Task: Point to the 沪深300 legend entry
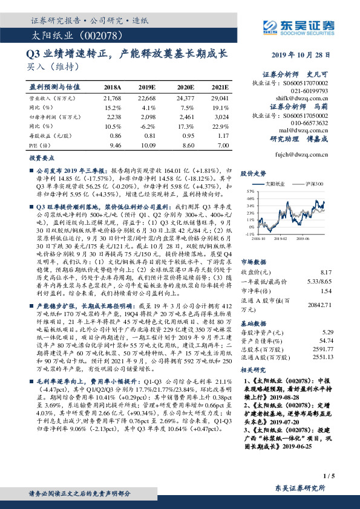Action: click(310, 183)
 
